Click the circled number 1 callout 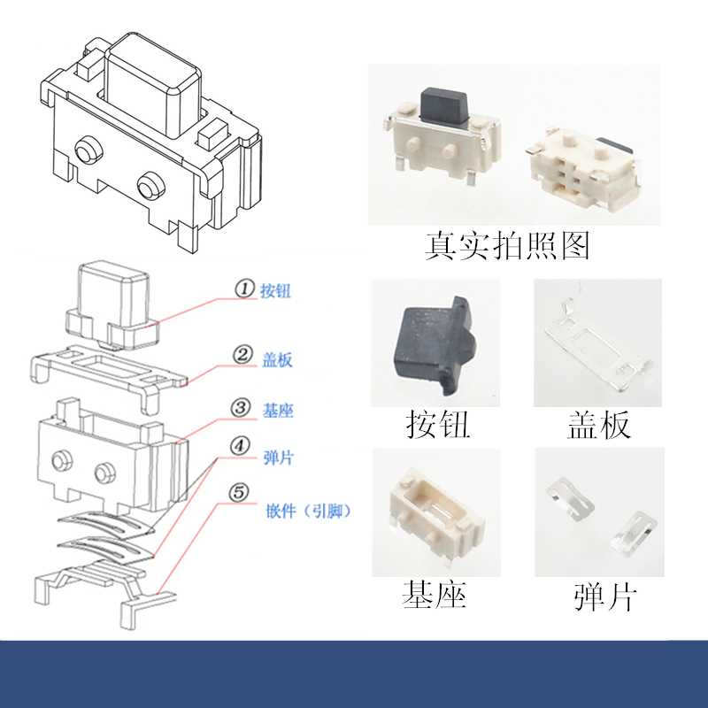[x=244, y=289]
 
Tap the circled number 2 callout [x=242, y=355]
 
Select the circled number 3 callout [x=241, y=408]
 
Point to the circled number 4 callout [x=240, y=446]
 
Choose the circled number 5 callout [x=239, y=492]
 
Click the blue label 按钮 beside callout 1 [x=275, y=290]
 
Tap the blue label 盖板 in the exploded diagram [x=277, y=360]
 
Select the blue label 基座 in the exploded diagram [x=278, y=411]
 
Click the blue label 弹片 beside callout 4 [x=279, y=458]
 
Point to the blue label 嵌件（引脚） [x=308, y=512]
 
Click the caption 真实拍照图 [x=507, y=246]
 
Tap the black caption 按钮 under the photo [x=437, y=425]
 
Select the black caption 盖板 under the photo [x=599, y=425]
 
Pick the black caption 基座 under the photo [x=434, y=594]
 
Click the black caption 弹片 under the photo [x=605, y=596]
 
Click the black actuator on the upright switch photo [x=443, y=105]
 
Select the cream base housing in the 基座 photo [x=435, y=515]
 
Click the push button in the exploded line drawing [x=113, y=307]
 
